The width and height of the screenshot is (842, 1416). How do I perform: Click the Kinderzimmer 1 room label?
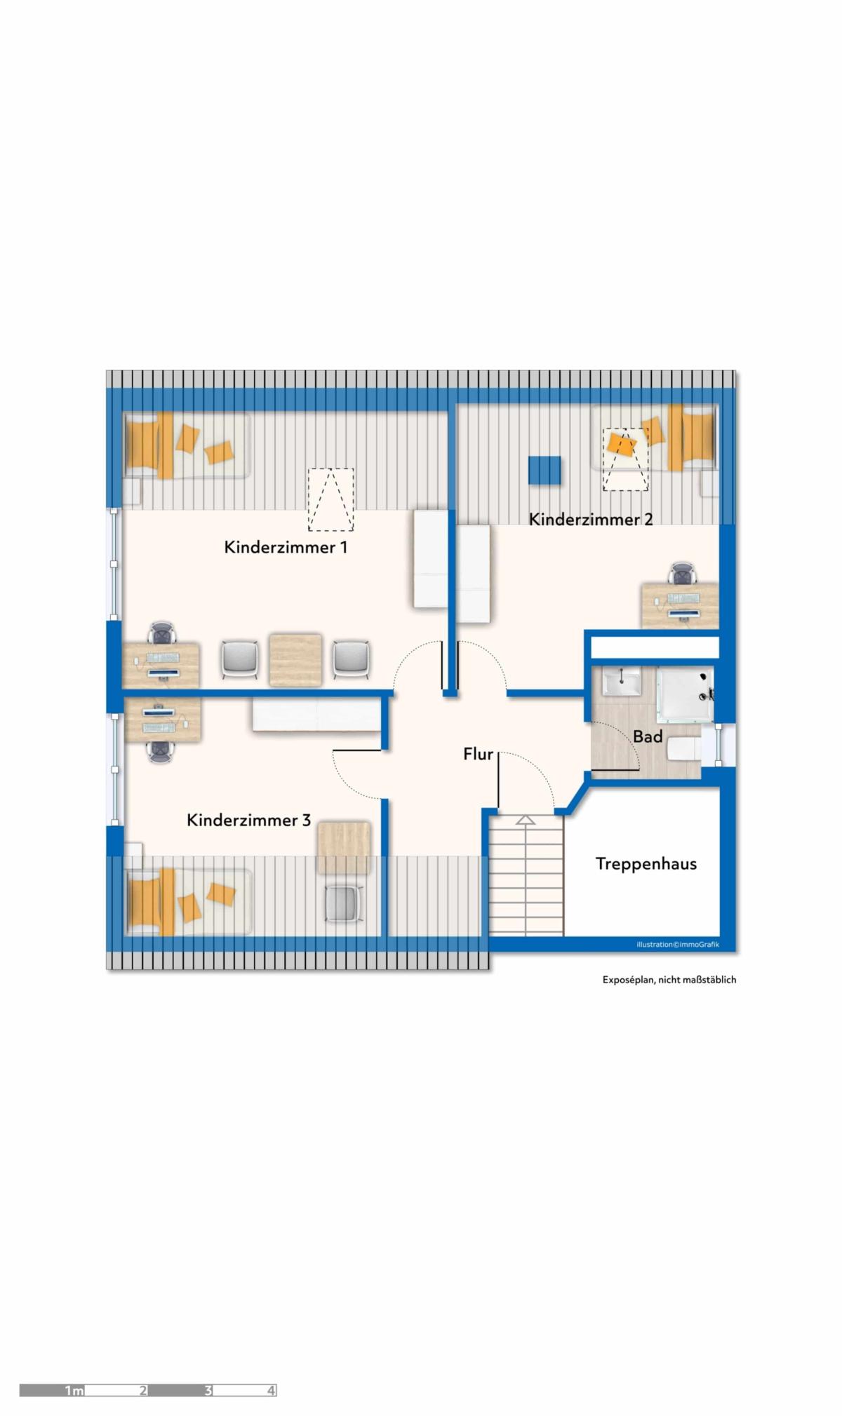pyautogui.click(x=286, y=547)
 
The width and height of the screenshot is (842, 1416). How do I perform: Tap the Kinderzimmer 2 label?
pyautogui.click(x=591, y=520)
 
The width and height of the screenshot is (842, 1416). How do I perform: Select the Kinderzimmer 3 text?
pyautogui.click(x=248, y=820)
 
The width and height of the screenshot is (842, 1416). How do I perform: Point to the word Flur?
pyautogui.click(x=478, y=754)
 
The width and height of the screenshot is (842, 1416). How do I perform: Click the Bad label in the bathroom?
pyautogui.click(x=648, y=736)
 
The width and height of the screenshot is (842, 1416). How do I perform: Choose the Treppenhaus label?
pyautogui.click(x=646, y=863)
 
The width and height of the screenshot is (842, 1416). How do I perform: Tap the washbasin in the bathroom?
pyautogui.click(x=621, y=681)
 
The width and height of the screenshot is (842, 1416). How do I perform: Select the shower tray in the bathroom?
pyautogui.click(x=685, y=694)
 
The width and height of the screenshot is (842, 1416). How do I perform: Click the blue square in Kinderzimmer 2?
pyautogui.click(x=544, y=470)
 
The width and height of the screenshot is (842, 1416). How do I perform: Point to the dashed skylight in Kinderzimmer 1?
pyautogui.click(x=330, y=499)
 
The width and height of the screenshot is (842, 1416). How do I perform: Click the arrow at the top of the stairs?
pyautogui.click(x=525, y=819)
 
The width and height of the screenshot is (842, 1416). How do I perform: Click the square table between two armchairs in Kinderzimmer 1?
pyautogui.click(x=296, y=660)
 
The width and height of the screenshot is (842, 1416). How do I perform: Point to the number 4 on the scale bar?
pyautogui.click(x=271, y=1391)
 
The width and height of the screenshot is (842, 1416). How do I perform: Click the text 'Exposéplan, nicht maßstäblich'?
pyautogui.click(x=669, y=980)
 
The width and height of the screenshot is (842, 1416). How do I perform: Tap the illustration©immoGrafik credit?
pyautogui.click(x=678, y=945)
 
